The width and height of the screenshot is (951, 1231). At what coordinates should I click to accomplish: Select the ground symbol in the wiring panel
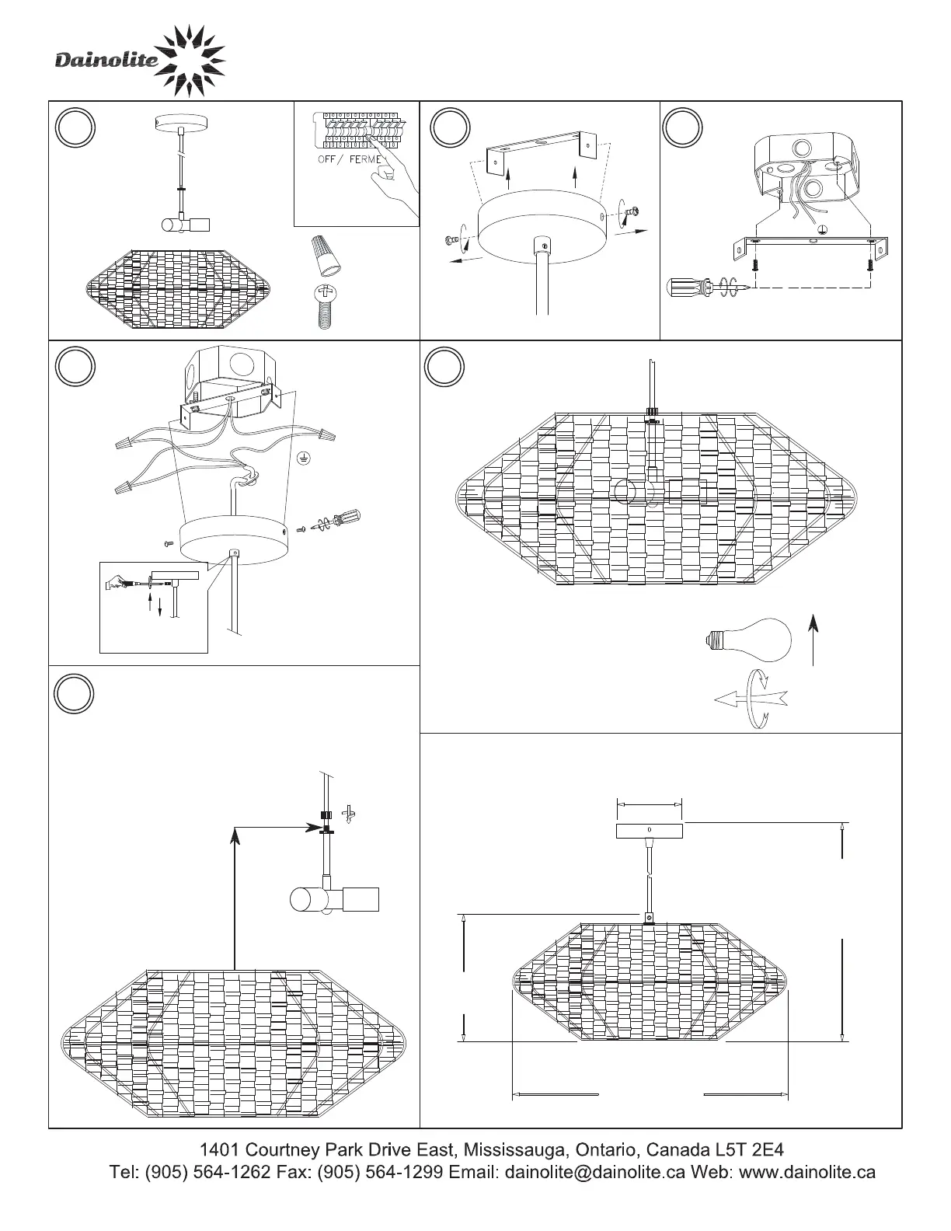pyautogui.click(x=304, y=458)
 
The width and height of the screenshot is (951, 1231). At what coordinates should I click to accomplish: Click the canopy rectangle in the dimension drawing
pyautogui.click(x=650, y=831)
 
